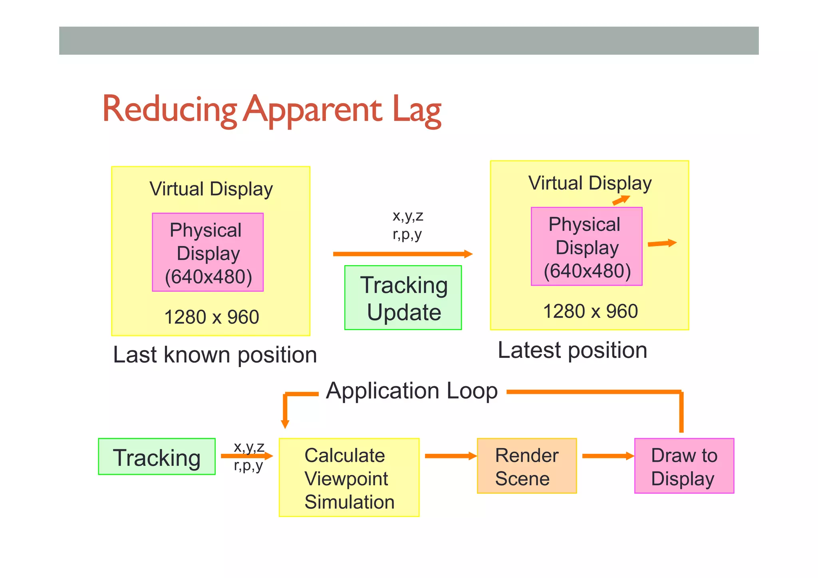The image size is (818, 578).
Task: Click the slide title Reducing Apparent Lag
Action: click(272, 110)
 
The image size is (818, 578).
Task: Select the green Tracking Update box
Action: click(403, 298)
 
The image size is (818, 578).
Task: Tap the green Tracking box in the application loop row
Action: click(157, 457)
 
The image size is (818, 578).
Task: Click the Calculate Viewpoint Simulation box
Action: click(349, 478)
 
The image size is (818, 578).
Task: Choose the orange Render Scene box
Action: click(526, 466)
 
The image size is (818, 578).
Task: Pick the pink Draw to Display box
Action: click(684, 466)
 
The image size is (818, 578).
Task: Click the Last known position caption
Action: click(215, 355)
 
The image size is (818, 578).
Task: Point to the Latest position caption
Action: click(572, 350)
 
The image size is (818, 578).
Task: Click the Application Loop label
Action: click(411, 391)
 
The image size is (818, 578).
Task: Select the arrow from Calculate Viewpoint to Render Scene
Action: click(450, 456)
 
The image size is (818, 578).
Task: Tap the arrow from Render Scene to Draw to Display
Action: click(608, 456)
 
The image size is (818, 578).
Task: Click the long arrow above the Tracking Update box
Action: click(402, 254)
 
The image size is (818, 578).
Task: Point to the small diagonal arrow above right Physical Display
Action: click(621, 200)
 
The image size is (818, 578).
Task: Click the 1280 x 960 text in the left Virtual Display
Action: click(212, 317)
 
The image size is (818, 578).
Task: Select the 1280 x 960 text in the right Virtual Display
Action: click(590, 311)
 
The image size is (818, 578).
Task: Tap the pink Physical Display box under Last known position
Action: click(208, 252)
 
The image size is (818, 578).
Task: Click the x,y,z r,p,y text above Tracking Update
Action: click(407, 224)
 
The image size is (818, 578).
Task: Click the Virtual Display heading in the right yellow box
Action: click(590, 183)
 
